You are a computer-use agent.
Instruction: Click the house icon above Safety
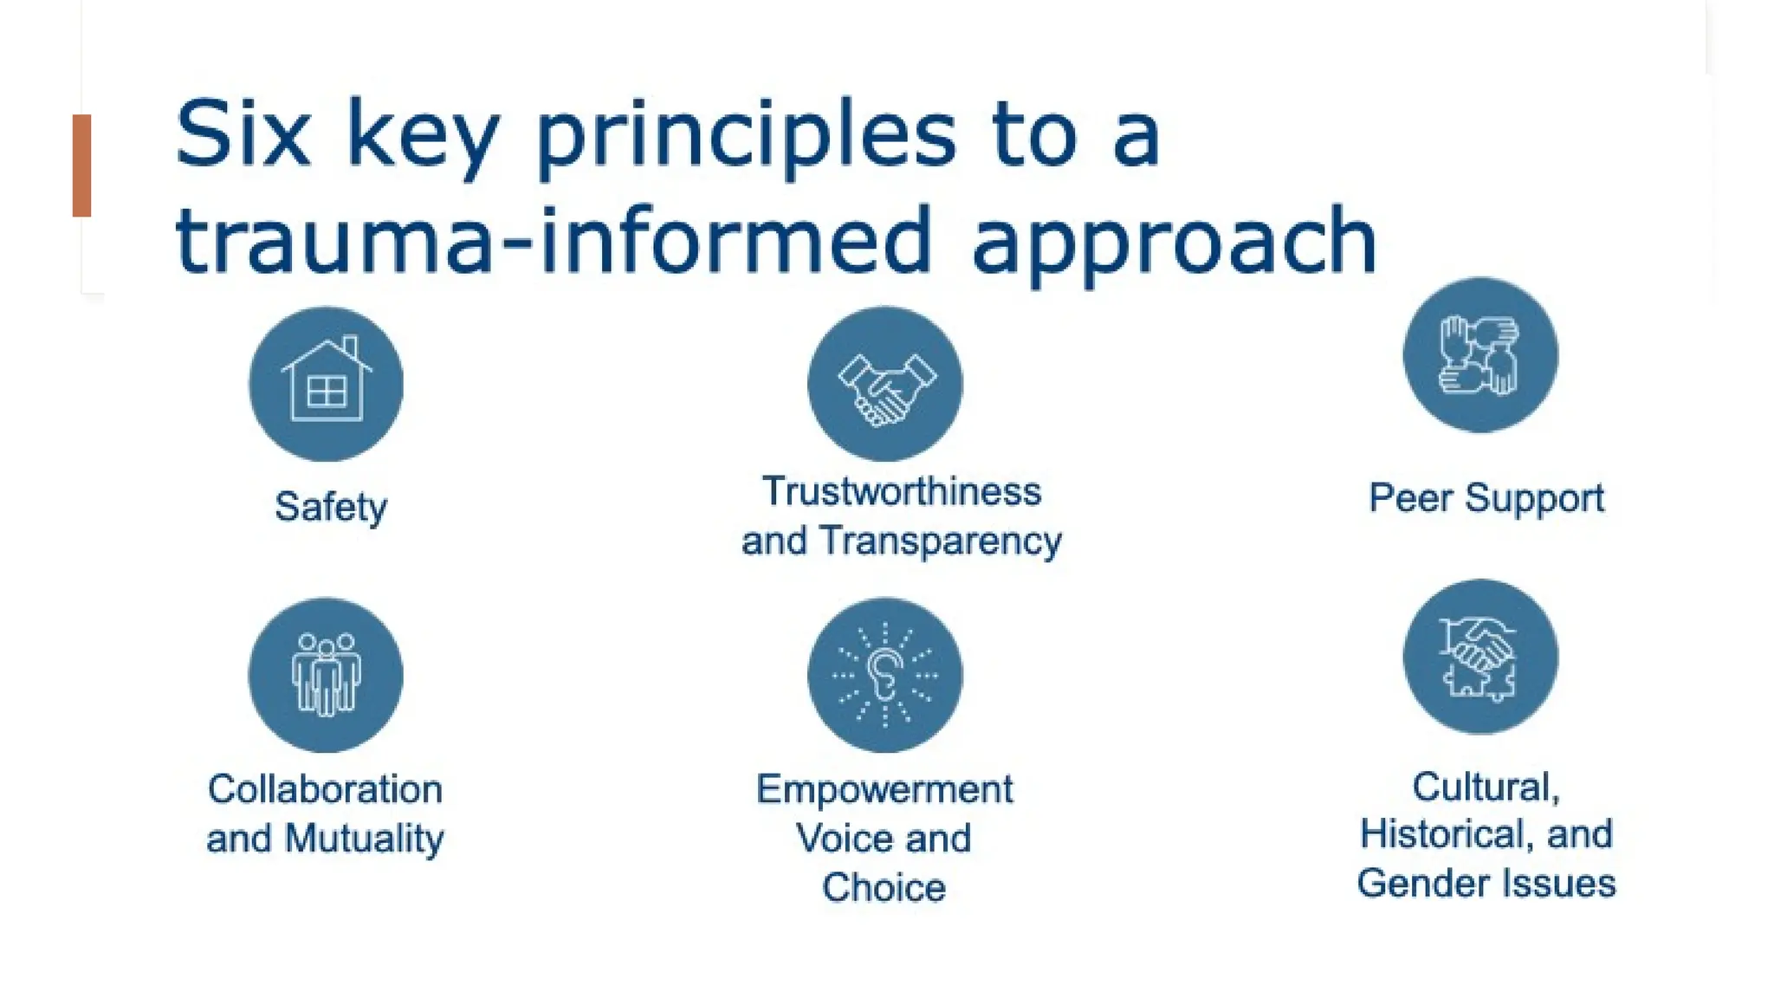tap(326, 384)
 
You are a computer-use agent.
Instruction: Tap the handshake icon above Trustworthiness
tap(884, 384)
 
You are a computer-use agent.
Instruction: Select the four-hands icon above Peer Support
tap(1479, 355)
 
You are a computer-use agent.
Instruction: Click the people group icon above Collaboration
tap(326, 674)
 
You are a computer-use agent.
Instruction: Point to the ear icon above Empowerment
tap(884, 674)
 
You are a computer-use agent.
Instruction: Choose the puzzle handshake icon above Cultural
tap(1479, 657)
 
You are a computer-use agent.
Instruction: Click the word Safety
tap(331, 507)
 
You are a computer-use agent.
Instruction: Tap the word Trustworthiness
tap(901, 491)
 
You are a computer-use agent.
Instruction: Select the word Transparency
tap(941, 541)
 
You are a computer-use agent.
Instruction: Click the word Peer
tap(1410, 498)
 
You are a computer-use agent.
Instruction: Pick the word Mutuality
tap(364, 839)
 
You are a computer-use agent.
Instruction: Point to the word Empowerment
tap(884, 789)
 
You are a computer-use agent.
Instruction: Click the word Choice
tap(884, 887)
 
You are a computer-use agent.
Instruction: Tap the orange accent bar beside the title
tap(81, 165)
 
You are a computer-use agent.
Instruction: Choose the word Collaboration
tap(326, 789)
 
